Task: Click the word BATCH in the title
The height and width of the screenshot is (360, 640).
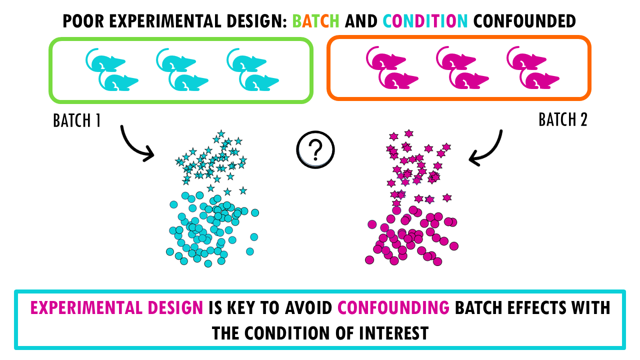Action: point(315,21)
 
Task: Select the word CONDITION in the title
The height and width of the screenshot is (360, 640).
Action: point(425,21)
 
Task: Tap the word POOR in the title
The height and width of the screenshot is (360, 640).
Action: point(83,21)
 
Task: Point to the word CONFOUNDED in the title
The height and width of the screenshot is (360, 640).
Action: point(524,21)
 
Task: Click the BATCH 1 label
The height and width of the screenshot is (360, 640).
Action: point(77,120)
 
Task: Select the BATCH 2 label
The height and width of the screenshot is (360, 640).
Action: point(563,119)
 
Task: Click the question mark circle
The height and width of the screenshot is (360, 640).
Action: point(315,149)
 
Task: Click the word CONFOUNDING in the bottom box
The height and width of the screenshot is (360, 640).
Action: point(393,307)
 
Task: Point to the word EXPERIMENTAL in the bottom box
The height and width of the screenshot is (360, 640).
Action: point(86,307)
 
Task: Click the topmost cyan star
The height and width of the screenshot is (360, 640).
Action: point(221,133)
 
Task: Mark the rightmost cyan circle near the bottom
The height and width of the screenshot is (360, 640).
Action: point(250,251)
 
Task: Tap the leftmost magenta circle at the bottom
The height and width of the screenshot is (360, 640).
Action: point(369,259)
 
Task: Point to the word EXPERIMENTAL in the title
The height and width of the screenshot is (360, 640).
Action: point(165,21)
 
